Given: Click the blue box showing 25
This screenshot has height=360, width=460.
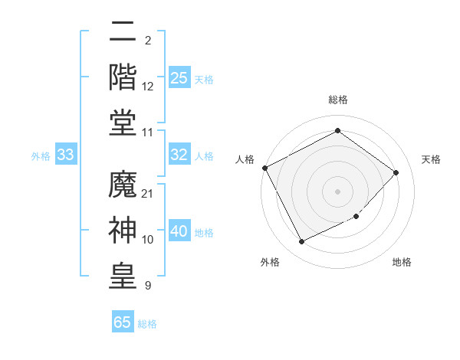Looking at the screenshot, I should [x=179, y=77].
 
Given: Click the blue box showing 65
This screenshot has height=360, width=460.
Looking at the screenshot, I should [x=123, y=322].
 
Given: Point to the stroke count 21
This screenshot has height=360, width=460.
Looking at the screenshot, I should [x=148, y=192].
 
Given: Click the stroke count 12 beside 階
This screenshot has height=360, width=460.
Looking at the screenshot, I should [x=148, y=87].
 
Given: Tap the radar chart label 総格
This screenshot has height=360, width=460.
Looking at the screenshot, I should [x=338, y=100].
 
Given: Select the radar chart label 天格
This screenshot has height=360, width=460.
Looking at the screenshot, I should [x=431, y=159].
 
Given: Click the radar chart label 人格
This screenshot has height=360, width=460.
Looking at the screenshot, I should [x=245, y=159].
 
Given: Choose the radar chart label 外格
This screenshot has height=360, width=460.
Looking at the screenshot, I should [x=270, y=262].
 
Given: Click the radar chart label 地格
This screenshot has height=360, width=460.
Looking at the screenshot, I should [x=402, y=262].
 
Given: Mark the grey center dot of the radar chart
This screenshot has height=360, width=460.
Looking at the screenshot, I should [x=338, y=191].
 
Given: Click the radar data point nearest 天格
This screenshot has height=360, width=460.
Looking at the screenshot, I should [x=396, y=172].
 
